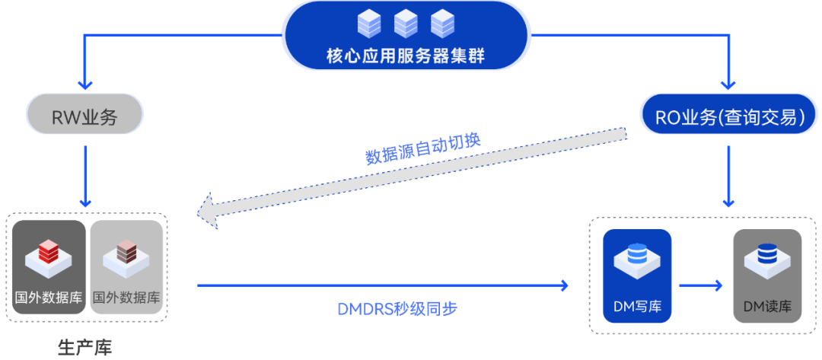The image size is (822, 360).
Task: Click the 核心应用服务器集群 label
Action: pos(405,56)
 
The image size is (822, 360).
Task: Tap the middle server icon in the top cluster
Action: pos(406,24)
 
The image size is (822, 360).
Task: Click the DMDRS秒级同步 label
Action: pos(397,309)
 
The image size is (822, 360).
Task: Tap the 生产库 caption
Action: pos(84,348)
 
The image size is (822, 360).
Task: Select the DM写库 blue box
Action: pos(637,276)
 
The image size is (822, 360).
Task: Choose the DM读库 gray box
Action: pos(767,276)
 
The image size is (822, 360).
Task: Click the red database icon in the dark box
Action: pos(49,256)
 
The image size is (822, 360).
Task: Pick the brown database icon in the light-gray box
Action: pos(126,256)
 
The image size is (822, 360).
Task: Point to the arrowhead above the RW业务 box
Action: pos(84,83)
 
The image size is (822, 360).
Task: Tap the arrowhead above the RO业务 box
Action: pos(729,83)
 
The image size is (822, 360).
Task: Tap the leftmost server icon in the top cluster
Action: pos(369,24)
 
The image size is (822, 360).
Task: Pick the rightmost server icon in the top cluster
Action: pos(442,24)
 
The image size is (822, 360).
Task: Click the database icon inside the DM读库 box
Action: pos(767,257)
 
